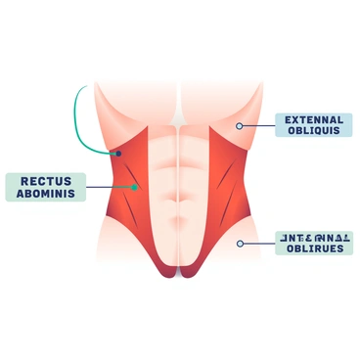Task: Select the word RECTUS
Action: [x=47, y=179]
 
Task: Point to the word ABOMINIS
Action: [x=47, y=193]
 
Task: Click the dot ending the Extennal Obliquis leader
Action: [x=238, y=125]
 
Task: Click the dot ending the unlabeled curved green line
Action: [x=115, y=154]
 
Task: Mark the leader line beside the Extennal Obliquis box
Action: [x=257, y=125]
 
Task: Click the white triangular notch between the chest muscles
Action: [x=179, y=114]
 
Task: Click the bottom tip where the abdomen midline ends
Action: [x=179, y=275]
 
